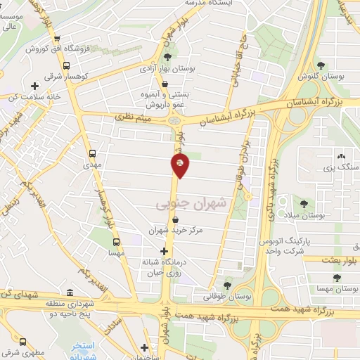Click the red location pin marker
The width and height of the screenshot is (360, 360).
pyautogui.click(x=180, y=166)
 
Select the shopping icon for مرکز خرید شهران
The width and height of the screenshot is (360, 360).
pyautogui.click(x=174, y=219)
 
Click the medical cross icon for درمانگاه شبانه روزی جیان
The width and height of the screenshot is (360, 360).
pyautogui.click(x=164, y=251)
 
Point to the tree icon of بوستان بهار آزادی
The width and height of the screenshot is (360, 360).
pyautogui.click(x=167, y=58)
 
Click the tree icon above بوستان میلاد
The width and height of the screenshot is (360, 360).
pyautogui.click(x=304, y=204)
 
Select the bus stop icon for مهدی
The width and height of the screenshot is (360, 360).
pyautogui.click(x=93, y=153)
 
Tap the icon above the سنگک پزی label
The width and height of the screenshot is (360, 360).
pyautogui.click(x=341, y=156)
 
